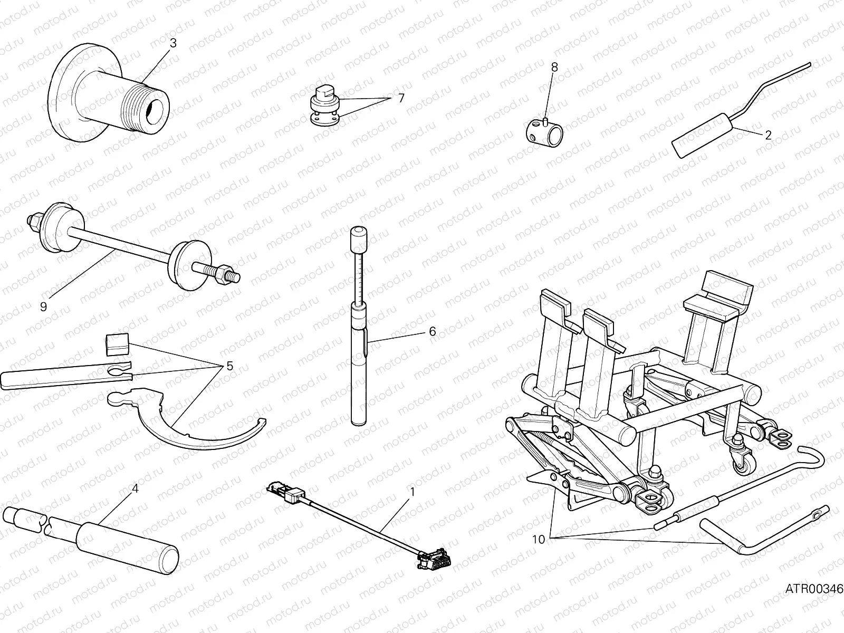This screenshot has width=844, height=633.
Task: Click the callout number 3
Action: pyautogui.click(x=172, y=43)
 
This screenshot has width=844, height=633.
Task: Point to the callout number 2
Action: pyautogui.click(x=768, y=135)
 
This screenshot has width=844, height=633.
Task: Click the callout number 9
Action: pyautogui.click(x=43, y=306)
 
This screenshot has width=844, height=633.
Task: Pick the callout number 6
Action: pyautogui.click(x=432, y=331)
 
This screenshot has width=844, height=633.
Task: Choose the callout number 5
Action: pyautogui.click(x=229, y=366)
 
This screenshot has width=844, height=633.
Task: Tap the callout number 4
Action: pyautogui.click(x=135, y=488)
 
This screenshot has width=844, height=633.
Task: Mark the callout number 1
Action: pyautogui.click(x=413, y=492)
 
